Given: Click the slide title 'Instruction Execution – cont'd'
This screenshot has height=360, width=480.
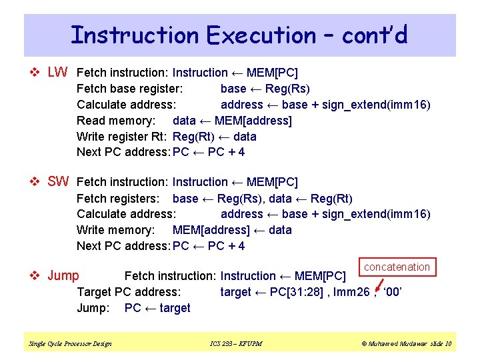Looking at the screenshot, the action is pos(239,35).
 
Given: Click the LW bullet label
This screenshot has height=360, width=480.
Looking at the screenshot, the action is pos(57,72).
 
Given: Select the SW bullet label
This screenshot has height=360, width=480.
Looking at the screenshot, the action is pos(58,181).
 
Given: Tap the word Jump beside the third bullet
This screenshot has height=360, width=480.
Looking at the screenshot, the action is pos(63,276).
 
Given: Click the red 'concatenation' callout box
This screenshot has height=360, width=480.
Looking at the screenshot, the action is pos(397,267).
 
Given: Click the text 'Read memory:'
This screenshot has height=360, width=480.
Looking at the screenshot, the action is pos(116,121).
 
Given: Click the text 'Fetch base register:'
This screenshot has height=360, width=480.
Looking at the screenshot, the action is pos(130,89).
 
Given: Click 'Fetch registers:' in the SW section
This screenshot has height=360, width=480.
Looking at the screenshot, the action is pos(118,198).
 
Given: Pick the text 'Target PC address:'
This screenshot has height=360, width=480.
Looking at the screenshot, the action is pos(129,292).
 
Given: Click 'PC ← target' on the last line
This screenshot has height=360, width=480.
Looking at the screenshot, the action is pos(157,308).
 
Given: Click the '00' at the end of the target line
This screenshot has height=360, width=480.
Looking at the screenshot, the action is pos(393,292).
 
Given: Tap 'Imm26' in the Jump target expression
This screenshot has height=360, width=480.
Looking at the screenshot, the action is pos(351,292).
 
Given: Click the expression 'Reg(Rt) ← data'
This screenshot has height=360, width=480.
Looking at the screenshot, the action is pos(214,137).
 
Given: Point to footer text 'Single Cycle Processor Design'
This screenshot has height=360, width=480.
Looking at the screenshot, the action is pos(70,343).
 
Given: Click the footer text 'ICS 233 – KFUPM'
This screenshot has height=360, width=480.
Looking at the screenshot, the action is pos(236,343).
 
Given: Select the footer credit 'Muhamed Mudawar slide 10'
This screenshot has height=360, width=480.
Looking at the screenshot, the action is pos(406,343).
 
